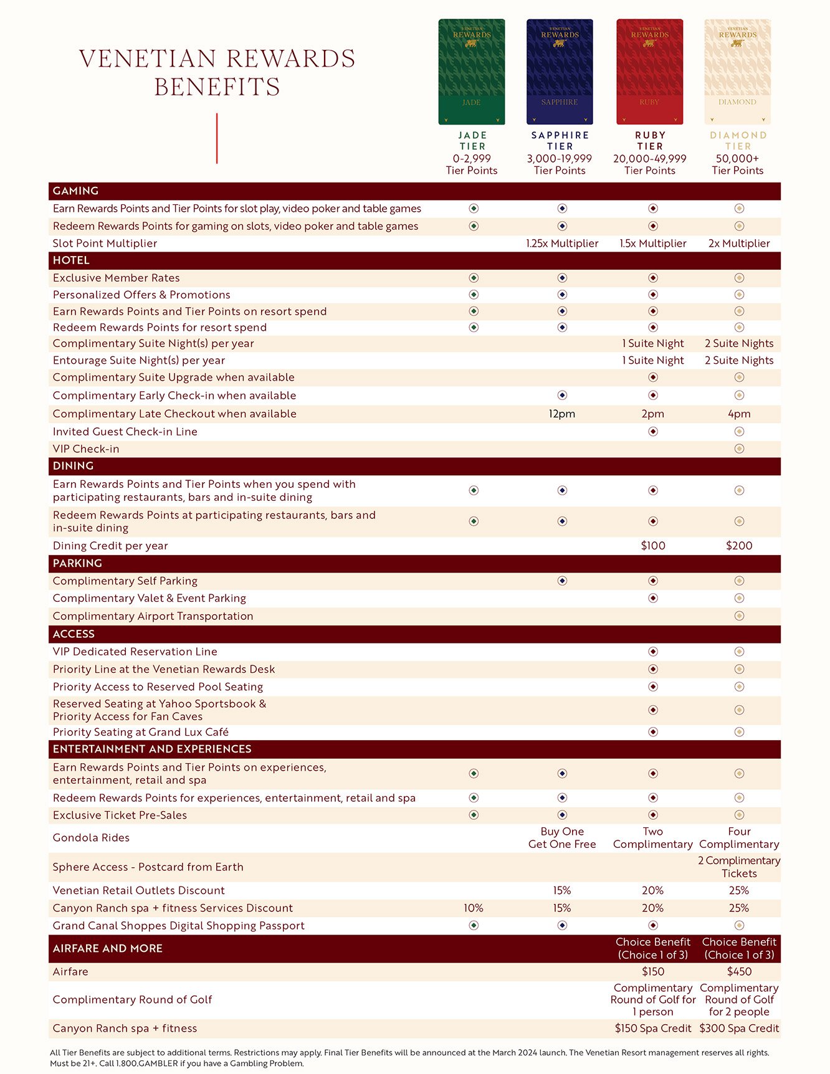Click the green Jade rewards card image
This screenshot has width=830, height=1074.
pyautogui.click(x=472, y=72)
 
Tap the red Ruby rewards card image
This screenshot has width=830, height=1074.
pyautogui.click(x=649, y=72)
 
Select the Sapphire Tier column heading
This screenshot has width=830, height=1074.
pyautogui.click(x=560, y=141)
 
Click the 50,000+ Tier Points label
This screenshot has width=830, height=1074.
pyautogui.click(x=738, y=164)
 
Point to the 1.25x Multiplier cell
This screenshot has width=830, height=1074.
pyautogui.click(x=562, y=244)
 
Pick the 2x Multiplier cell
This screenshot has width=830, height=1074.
pyautogui.click(x=739, y=244)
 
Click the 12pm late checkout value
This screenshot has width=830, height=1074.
pyautogui.click(x=562, y=414)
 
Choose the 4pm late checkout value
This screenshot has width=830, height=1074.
pyautogui.click(x=739, y=414)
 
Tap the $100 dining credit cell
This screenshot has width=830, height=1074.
pyautogui.click(x=653, y=546)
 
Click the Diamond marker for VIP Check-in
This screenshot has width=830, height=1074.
pyautogui.click(x=739, y=449)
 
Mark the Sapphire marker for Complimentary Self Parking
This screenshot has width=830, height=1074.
pyautogui.click(x=562, y=581)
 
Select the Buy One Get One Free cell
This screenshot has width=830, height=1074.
pyautogui.click(x=562, y=838)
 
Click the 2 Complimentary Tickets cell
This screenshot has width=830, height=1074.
pyautogui.click(x=739, y=867)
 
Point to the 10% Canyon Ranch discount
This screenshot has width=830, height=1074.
pyautogui.click(x=474, y=908)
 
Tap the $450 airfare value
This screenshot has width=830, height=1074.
pyautogui.click(x=739, y=972)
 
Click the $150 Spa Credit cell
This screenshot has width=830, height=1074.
pyautogui.click(x=653, y=1029)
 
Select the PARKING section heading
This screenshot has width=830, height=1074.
pyautogui.click(x=77, y=563)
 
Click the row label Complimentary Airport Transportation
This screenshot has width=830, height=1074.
pyautogui.click(x=153, y=616)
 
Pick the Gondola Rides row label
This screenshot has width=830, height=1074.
pyautogui.click(x=91, y=838)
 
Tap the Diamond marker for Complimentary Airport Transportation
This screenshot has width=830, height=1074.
pyautogui.click(x=739, y=616)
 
